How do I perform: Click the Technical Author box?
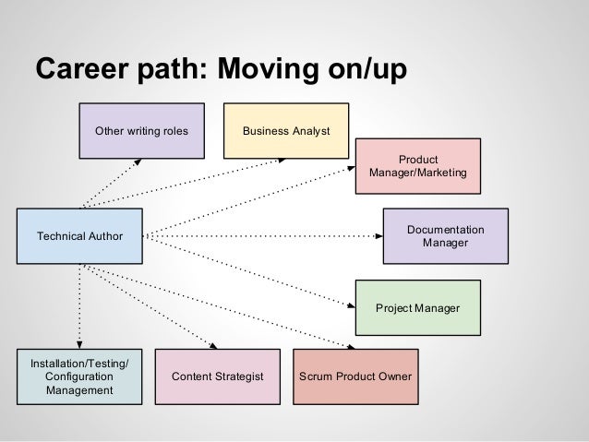pyautogui.click(x=78, y=236)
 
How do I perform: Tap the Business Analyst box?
pyautogui.click(x=286, y=131)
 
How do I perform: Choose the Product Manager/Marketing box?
pyautogui.click(x=418, y=166)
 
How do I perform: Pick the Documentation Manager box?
pyautogui.click(x=445, y=235)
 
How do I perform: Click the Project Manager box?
pyautogui.click(x=418, y=306)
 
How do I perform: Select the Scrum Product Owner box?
pyautogui.click(x=355, y=376)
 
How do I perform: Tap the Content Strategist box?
pyautogui.click(x=218, y=376)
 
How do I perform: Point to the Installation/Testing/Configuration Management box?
pyautogui.click(x=79, y=376)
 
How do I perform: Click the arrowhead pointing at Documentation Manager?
pyautogui.click(x=379, y=235)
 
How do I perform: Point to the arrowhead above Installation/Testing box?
pyautogui.click(x=79, y=344)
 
